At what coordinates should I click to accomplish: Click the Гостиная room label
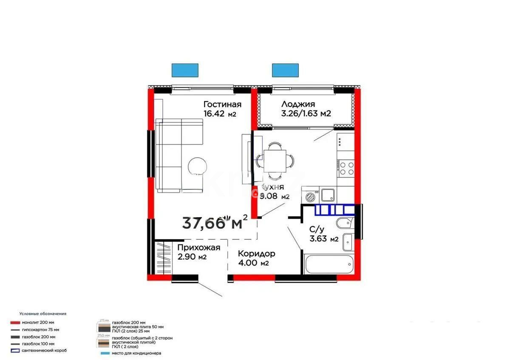coord(222,105)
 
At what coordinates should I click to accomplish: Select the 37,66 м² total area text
coord(215,222)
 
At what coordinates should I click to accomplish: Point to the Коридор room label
coord(256,254)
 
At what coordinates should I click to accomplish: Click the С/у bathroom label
coord(318,229)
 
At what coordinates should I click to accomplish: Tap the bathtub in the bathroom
coord(329,264)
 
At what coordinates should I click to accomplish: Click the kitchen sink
coord(328,195)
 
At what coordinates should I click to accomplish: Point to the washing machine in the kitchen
coord(310,197)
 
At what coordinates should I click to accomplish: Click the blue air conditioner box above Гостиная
coord(185,70)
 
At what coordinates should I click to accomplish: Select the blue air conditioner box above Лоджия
coord(285,70)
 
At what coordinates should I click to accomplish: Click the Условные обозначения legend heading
coord(42,314)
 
